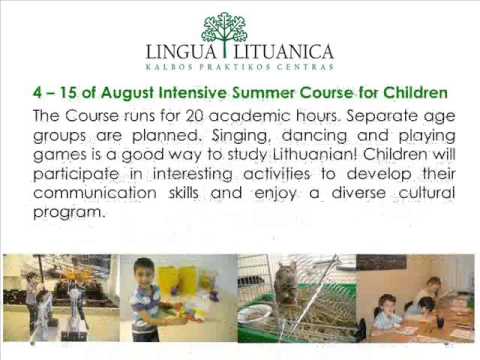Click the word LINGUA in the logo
click(x=184, y=49)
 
